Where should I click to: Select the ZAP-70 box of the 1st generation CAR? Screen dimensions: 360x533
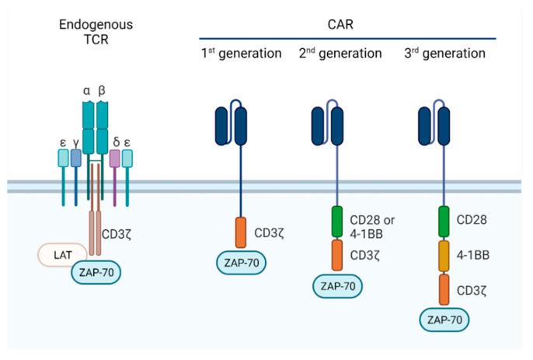point(241,264)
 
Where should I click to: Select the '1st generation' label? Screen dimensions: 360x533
point(241,54)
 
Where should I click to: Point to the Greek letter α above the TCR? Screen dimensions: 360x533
point(86,90)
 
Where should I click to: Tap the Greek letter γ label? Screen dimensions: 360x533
point(75,142)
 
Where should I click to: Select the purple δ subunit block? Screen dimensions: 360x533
point(115,159)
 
